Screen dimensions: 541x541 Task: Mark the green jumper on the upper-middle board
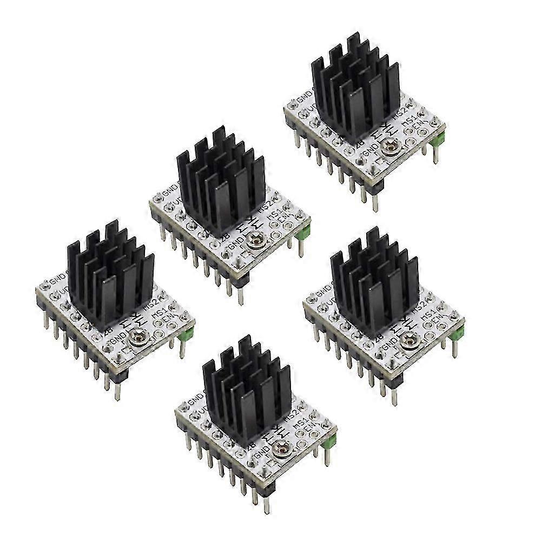305,233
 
